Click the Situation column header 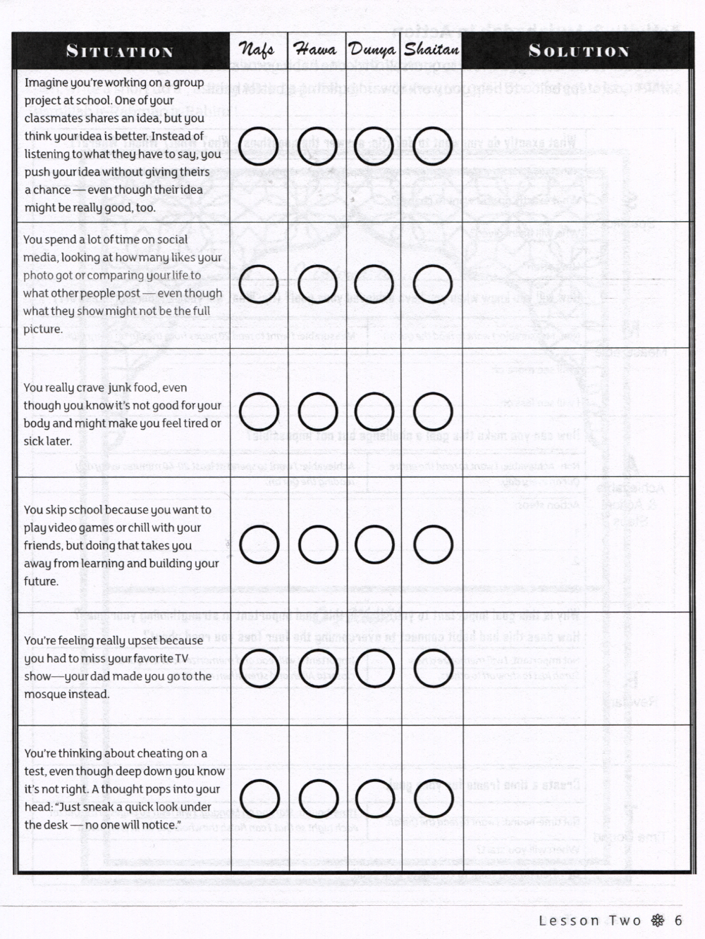point(120,51)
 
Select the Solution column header point(578,51)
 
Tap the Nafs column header point(257,50)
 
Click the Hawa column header point(315,50)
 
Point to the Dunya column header point(373,50)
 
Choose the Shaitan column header point(431,50)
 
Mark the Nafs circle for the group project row point(259,146)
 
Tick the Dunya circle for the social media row point(374,283)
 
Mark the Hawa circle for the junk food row point(317,412)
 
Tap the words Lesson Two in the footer point(590,920)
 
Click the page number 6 point(678,920)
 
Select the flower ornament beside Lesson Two point(658,920)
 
